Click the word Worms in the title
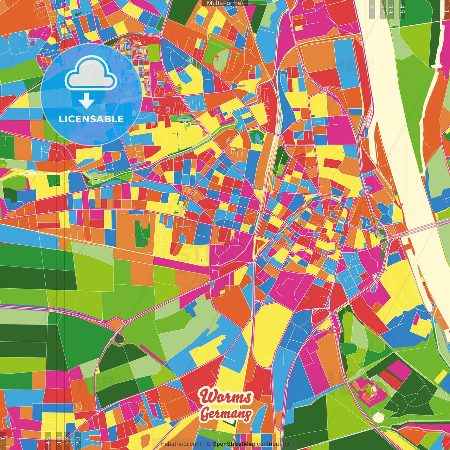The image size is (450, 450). point(226,397)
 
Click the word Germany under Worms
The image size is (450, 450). point(226,414)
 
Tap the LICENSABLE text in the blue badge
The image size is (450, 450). point(91,119)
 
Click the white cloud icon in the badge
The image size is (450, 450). point(91,75)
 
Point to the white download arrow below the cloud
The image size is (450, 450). point(86,101)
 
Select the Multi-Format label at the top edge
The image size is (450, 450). point(225,3)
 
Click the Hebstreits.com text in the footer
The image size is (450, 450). point(181,444)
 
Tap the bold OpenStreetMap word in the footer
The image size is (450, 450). point(234,444)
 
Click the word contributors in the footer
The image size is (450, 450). point(273,444)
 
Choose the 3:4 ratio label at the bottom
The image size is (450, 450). point(59,441)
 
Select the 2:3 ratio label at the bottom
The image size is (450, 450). point(78,441)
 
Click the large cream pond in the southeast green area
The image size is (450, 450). point(378,417)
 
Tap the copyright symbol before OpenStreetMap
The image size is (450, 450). point(208,444)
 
